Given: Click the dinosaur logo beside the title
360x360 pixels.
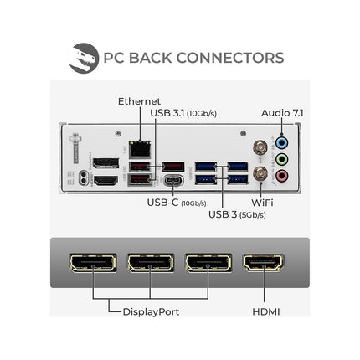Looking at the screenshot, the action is coord(84,58).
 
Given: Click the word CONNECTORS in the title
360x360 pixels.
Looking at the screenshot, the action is coord(230,58).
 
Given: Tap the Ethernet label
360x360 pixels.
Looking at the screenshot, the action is coord(139,101).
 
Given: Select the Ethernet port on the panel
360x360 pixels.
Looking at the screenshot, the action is coord(140,149).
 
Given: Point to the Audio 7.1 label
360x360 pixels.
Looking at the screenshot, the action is coord(282,113).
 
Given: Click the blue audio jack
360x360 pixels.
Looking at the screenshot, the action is coord(281,143).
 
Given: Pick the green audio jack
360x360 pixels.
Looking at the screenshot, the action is coord(281,160).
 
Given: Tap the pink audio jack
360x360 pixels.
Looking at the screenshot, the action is coord(281,176).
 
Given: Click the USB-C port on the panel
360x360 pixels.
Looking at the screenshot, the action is coord(173,180).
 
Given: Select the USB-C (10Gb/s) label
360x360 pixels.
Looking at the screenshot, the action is coord(177,203).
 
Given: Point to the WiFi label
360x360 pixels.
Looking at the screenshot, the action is coord(262,203).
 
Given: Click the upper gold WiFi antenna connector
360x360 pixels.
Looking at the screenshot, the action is coord(260,147).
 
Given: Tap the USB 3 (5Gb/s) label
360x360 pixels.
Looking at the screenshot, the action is coord(237,214).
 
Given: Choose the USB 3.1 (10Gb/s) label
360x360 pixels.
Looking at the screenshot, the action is coord(183,113).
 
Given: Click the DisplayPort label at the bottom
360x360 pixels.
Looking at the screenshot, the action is coord(151,311).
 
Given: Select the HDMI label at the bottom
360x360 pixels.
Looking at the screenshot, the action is coord(266,311).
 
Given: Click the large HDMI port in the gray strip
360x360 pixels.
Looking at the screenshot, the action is coord(264,263).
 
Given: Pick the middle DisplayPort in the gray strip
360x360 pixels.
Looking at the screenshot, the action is coord(151,263).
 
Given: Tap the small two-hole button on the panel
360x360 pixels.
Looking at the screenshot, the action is coord(83,177).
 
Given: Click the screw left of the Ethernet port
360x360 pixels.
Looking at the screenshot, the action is coord(118,134).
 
